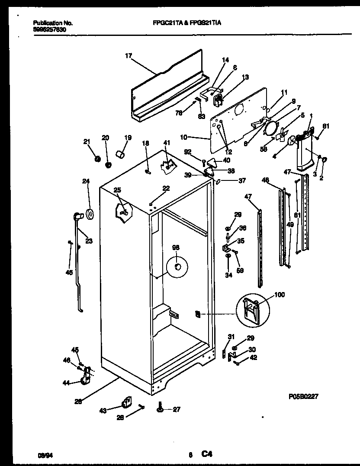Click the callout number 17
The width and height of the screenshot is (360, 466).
128,55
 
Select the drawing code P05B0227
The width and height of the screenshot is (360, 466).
303,395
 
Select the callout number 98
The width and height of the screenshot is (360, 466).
176,247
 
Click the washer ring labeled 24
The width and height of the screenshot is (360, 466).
90,214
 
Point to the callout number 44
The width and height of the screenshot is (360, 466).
66,383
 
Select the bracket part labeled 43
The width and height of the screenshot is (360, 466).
126,403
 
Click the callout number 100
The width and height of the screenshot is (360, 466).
280,295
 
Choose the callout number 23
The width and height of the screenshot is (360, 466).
89,241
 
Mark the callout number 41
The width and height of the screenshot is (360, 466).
167,143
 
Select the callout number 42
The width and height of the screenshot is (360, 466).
254,357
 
